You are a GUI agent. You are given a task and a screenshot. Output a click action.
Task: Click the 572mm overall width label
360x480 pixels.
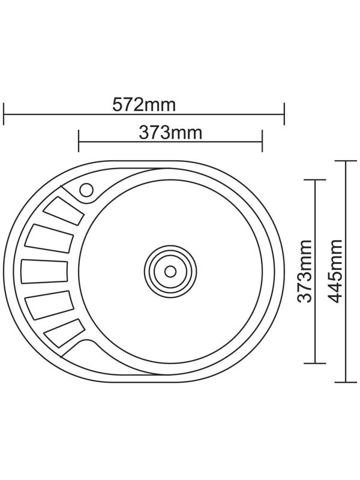pos(144,105)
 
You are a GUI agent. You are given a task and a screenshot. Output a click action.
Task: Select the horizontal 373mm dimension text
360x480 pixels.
pos(170,133)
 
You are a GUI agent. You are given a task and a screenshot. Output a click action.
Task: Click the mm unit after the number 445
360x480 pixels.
pos(336,255)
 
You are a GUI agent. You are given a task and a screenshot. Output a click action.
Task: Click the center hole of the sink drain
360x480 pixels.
pos(170,271)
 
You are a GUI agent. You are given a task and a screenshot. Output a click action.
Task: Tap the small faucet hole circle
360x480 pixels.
pos(86,190)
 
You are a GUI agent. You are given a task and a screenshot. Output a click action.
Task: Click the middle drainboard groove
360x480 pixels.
pos(44,271)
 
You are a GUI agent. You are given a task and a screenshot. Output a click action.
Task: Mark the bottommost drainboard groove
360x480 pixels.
pos(64,332)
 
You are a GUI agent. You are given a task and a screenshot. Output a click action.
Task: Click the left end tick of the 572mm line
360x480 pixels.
pos(4,113)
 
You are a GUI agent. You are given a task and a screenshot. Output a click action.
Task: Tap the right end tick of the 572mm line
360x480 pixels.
pos(284,113)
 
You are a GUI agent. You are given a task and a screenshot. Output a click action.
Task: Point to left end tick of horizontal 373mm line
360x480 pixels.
pos(79,142)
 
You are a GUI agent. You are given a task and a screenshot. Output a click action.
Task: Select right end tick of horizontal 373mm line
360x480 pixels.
pos(262,142)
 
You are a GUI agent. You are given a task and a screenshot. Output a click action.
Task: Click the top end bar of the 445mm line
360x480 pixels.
pos(346,161)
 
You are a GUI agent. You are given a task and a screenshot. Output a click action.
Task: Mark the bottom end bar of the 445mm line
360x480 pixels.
pos(346,382)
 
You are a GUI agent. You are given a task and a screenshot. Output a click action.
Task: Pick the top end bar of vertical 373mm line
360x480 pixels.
pos(316,179)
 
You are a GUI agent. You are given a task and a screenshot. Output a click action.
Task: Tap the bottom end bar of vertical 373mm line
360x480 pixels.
pos(316,363)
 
